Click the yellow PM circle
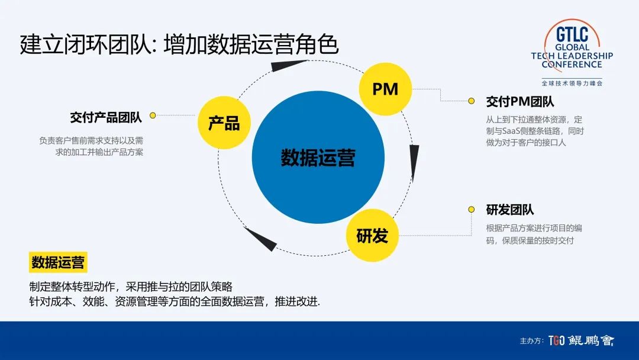pos(385,89)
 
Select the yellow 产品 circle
pos(224,123)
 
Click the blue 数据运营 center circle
pos(318,157)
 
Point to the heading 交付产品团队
pos(106,117)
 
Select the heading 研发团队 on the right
pos(510,210)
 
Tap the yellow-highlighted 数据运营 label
pos(58,262)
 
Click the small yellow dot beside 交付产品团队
pos(153,115)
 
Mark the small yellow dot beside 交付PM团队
pos(472,101)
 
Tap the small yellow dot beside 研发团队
pos(472,210)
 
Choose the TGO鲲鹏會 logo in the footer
pos(581,340)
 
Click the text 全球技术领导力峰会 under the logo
pos(572,83)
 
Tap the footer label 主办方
pos(531,341)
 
